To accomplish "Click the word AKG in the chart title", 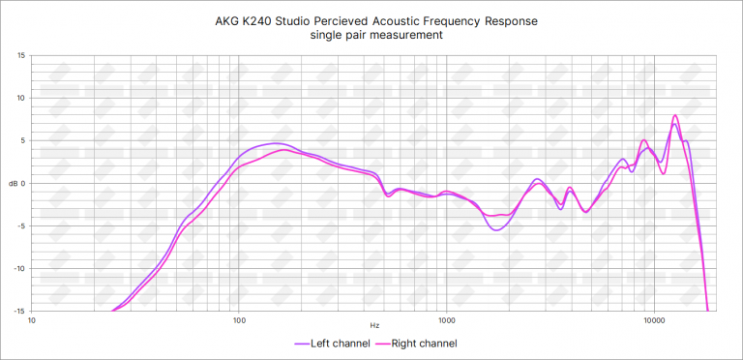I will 227,20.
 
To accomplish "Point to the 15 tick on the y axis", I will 21,55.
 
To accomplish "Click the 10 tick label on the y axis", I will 21,98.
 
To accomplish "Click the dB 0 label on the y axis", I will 18,183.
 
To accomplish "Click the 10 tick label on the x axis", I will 32,320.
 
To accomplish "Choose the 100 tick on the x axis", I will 239,320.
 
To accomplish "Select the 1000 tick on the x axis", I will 446,320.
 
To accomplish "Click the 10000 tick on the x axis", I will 654,320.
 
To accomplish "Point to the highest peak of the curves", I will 675,116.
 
